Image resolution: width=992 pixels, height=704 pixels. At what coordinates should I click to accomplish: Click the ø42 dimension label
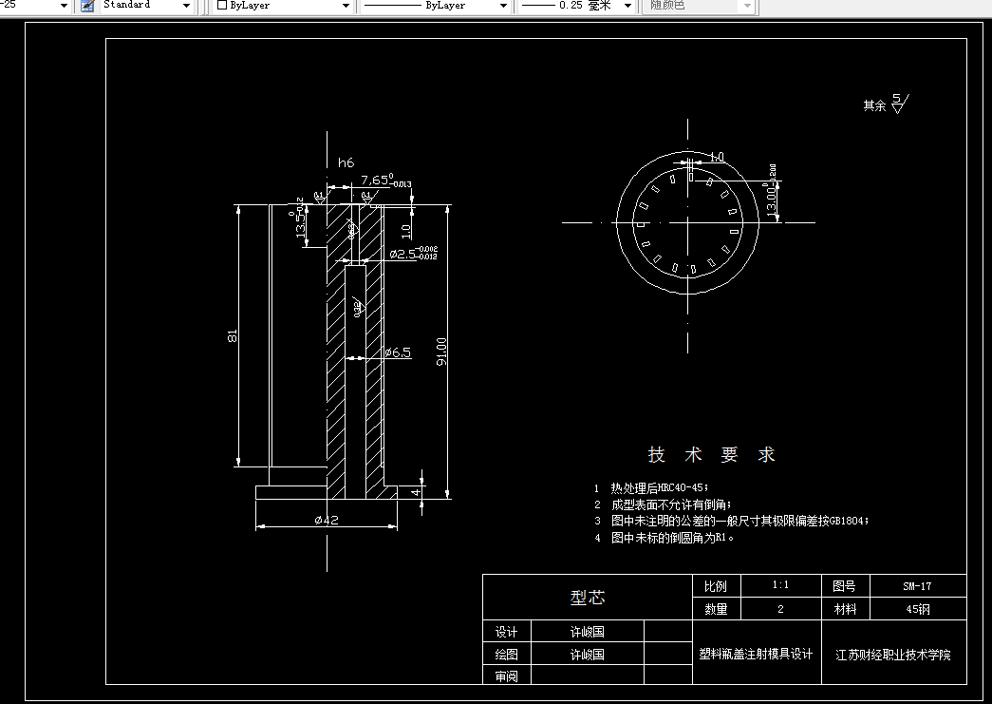coord(326,520)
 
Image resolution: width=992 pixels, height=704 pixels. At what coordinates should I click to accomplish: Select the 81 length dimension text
coord(232,335)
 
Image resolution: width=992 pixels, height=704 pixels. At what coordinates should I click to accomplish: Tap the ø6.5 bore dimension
coord(398,352)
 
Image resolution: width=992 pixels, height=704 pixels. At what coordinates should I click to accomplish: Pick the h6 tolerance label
coord(346,162)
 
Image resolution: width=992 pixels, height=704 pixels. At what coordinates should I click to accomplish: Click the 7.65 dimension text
coord(376,180)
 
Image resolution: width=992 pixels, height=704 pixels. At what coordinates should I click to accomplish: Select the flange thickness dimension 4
coord(415,492)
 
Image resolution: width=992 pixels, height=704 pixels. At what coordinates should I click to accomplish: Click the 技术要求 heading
coord(712,454)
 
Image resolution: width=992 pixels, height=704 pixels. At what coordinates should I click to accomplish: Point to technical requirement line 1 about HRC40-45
coord(661,486)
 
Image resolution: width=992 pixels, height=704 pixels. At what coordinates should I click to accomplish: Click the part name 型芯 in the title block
coord(588,598)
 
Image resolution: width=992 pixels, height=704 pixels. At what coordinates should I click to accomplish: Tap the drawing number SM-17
coord(917,586)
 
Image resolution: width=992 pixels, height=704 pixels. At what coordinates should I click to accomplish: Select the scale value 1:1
coord(781,586)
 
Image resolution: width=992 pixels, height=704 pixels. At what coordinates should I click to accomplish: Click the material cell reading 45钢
coord(917,609)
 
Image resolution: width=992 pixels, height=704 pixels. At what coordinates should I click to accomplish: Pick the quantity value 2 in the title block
coord(781,609)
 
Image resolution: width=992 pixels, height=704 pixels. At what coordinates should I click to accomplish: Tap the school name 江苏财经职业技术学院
coord(892,655)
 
